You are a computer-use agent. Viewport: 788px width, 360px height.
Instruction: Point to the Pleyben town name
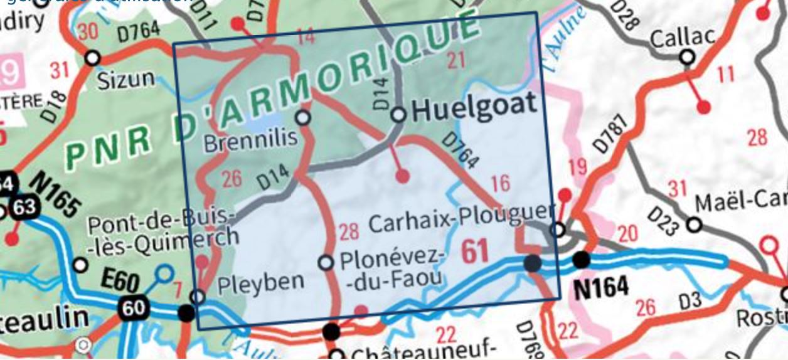coord(260,282)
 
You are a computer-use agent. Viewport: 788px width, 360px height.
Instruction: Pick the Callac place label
coord(682,38)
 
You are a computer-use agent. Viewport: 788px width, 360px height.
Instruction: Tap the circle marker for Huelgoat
coord(398,115)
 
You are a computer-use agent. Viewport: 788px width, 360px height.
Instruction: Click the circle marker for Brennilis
coord(303,117)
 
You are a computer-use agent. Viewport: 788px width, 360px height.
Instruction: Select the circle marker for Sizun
coord(92,58)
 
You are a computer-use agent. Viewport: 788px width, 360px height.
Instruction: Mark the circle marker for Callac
coord(688,58)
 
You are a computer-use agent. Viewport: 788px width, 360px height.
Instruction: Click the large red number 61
coord(475,251)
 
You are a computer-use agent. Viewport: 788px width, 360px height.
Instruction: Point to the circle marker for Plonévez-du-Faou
coord(326,262)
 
